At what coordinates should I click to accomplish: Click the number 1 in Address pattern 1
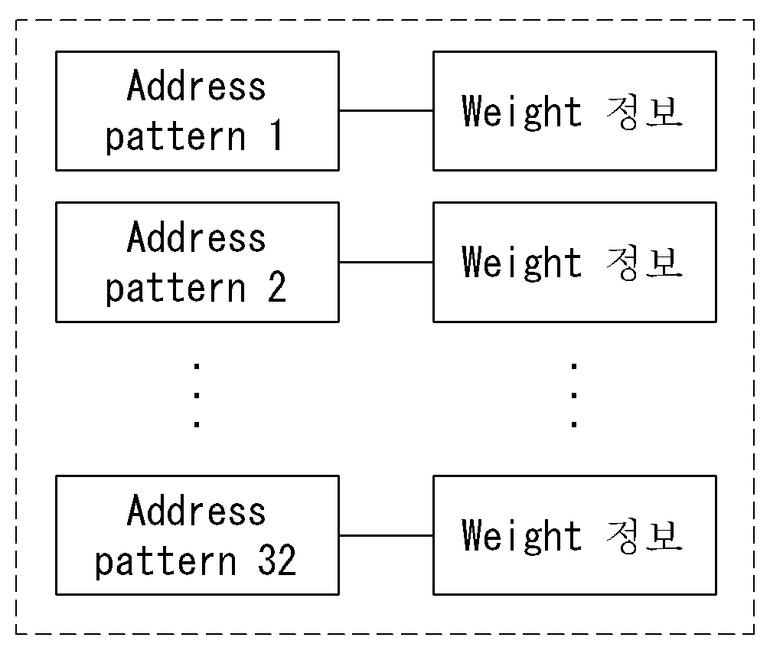coord(277,135)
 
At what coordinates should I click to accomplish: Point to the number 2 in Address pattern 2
coord(277,286)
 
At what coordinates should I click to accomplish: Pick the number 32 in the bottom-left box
coord(277,560)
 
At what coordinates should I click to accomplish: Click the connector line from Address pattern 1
coord(386,110)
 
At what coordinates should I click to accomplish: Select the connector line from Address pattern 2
coord(386,262)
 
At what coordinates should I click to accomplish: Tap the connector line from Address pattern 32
coord(386,535)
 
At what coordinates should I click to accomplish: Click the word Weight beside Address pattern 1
coord(521,113)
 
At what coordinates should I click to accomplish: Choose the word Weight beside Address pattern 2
coord(521,264)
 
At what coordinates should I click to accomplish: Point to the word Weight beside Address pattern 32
coord(521,537)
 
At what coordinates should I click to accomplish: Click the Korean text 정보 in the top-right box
coord(644,113)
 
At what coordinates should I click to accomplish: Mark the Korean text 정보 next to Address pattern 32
coord(644,537)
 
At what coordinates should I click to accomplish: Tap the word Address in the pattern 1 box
coord(197,86)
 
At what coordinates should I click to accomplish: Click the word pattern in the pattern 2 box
coord(176,289)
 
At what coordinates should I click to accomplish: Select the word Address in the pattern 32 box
coord(197,511)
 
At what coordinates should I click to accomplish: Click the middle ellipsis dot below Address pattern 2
coord(197,394)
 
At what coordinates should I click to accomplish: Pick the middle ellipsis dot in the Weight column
coord(574,394)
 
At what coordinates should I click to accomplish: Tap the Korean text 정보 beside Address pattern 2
coord(644,264)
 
